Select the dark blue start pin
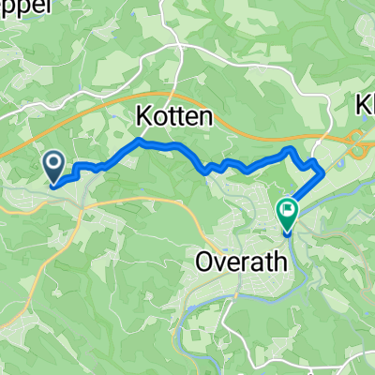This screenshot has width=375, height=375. (54, 169)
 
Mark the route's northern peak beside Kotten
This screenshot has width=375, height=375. (139, 142)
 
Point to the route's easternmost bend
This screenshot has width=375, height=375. (322, 172)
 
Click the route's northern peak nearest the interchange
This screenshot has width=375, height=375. (291, 150)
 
